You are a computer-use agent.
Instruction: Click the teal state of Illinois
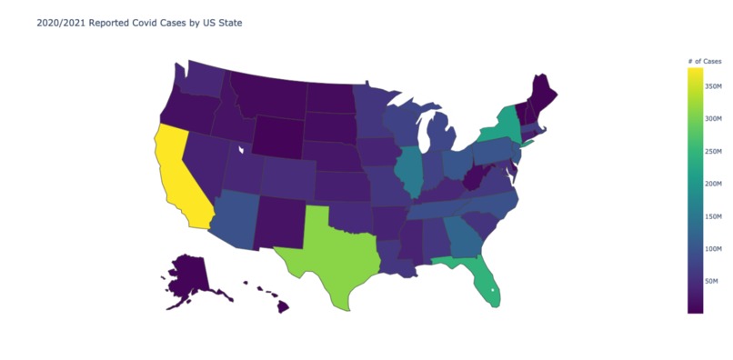point(409,172)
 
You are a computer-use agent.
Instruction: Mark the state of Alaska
point(191,277)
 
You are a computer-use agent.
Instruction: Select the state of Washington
point(205,80)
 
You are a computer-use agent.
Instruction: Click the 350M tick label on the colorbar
point(713,86)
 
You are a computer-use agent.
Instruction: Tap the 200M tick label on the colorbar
point(713,183)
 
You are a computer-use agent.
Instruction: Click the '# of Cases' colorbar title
point(705,60)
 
